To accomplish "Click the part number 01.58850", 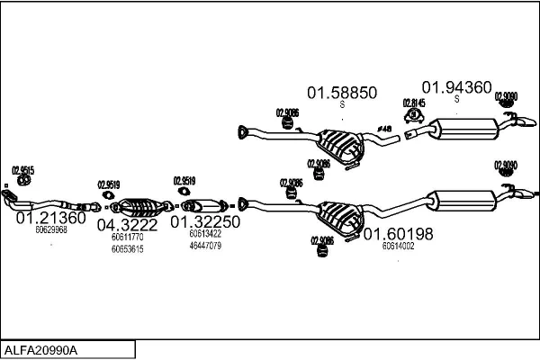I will tap(342, 92).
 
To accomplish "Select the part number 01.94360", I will tap(457, 87).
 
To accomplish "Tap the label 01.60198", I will tap(399, 234).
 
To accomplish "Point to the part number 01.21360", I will tap(51, 218).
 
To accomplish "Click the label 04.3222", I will tap(128, 225).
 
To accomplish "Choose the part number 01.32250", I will tap(205, 221).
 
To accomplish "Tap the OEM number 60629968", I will tap(51, 230).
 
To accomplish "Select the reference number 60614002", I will tap(398, 246).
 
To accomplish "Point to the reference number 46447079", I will tap(205, 245).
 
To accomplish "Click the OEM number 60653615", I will tap(127, 248).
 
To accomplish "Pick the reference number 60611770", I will tap(127, 237).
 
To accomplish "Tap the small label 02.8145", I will tap(414, 103).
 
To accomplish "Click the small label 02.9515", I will tap(22, 170).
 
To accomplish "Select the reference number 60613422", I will tap(204, 233).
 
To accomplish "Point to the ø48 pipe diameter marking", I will tap(382, 129).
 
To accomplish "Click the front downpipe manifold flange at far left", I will tap(9, 196).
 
